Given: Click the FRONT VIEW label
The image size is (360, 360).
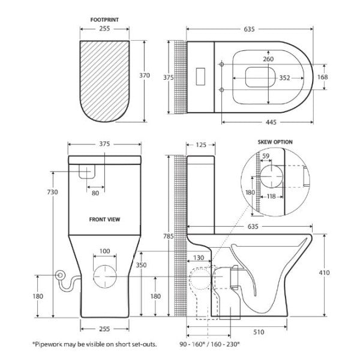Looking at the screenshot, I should [106, 219].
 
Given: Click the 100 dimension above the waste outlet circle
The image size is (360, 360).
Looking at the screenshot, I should [106, 250].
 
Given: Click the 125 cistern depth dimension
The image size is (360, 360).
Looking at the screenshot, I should [201, 145].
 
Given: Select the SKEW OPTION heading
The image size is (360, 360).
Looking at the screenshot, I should [275, 142].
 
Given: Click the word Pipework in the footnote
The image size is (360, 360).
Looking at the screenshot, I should [49, 344].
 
